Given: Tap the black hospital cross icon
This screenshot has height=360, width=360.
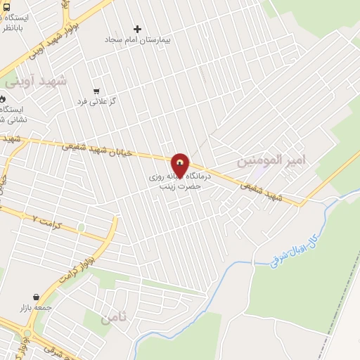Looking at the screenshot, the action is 137,30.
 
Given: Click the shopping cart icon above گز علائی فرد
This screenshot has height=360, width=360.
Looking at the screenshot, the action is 96,91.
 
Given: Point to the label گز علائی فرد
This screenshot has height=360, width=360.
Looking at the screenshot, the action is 96,102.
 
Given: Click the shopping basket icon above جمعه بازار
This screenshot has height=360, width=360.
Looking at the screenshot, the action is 35,297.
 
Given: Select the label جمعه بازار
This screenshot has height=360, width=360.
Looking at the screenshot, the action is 35,308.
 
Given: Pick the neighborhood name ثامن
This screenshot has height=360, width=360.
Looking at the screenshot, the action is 115,318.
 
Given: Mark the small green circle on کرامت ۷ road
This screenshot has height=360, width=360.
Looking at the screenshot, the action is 82,226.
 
